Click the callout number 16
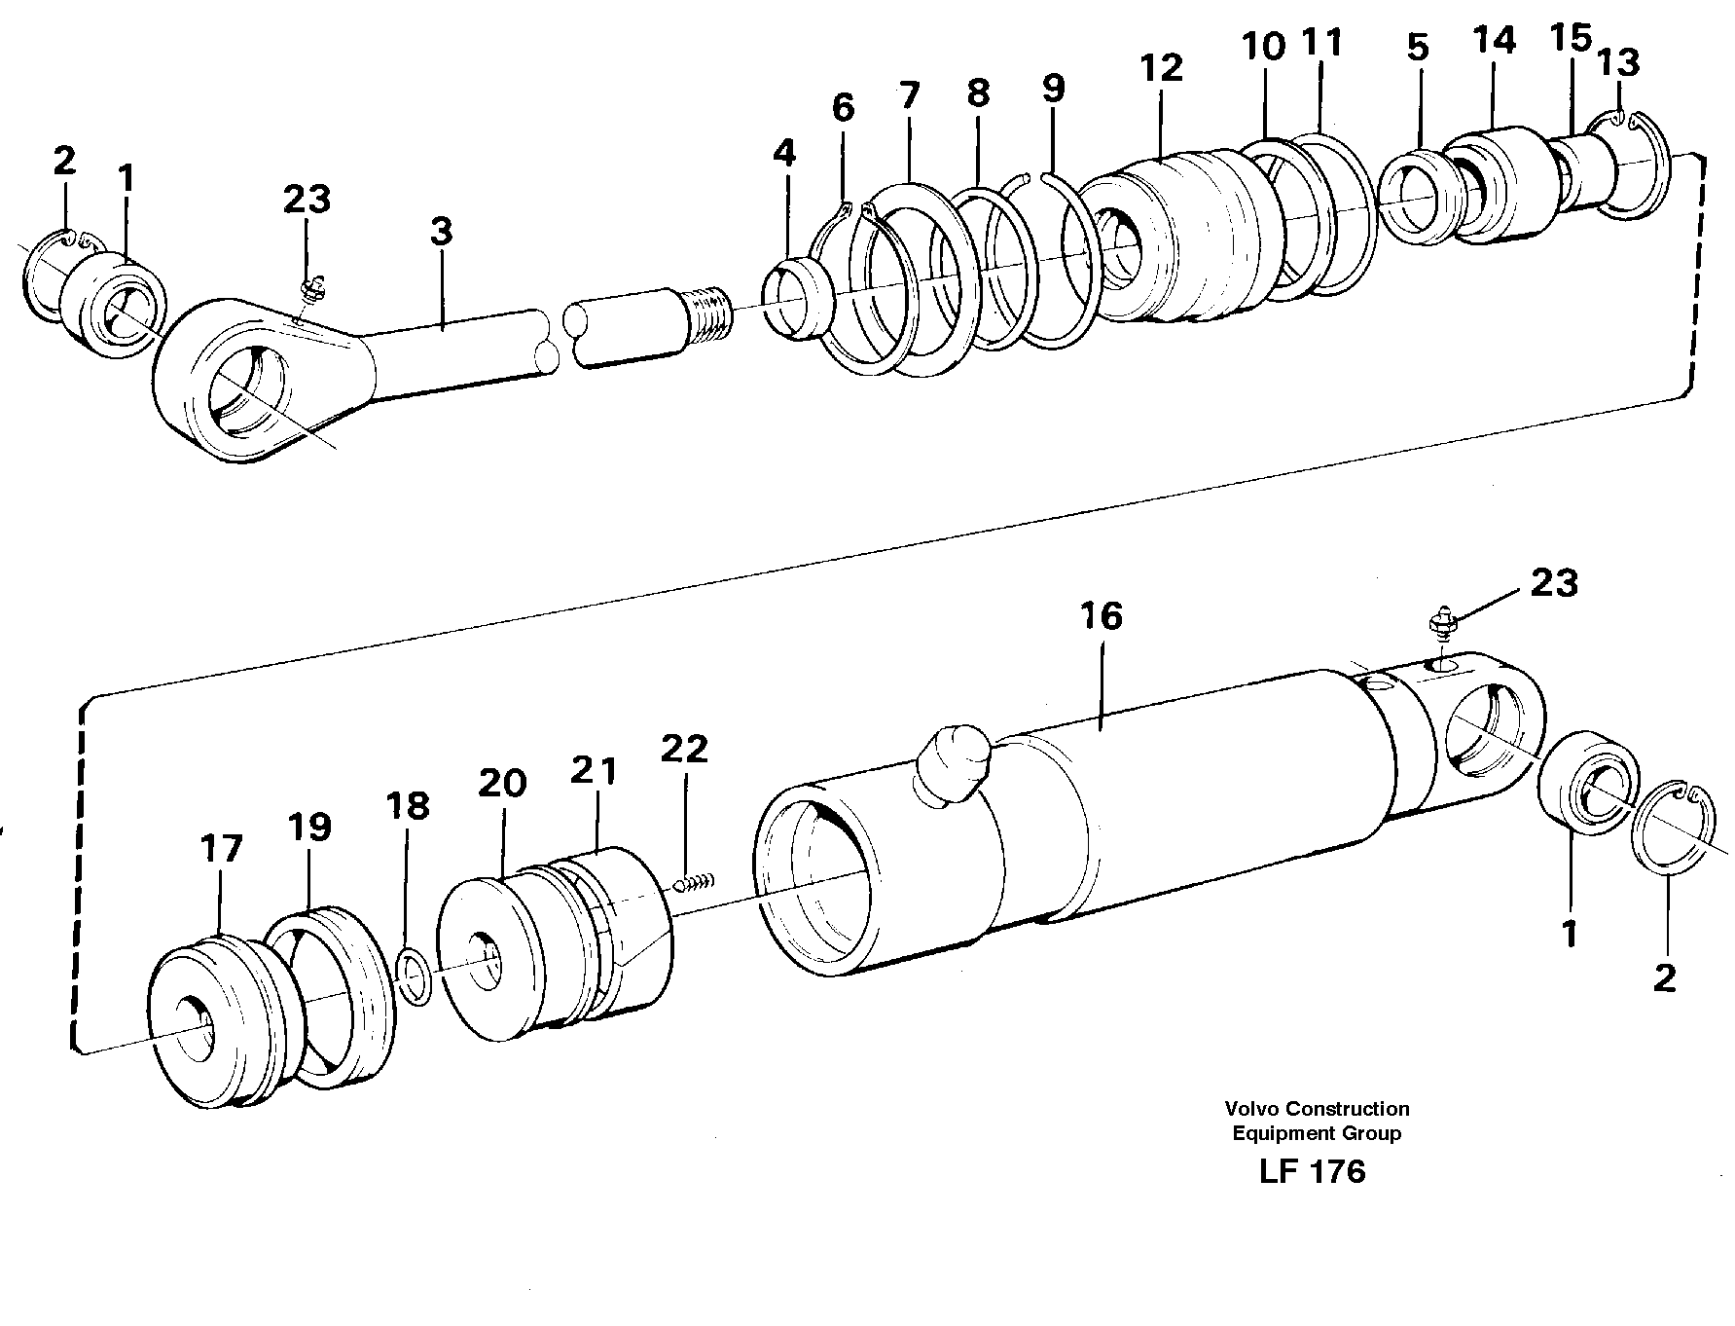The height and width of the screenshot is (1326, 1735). (1101, 616)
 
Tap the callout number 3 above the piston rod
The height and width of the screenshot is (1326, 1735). (441, 232)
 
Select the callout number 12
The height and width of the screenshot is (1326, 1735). (1161, 67)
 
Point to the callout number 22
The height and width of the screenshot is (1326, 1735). (684, 749)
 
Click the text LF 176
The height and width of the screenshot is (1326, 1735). (1312, 1171)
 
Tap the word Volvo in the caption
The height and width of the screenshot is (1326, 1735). (1248, 1108)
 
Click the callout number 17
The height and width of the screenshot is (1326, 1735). (220, 849)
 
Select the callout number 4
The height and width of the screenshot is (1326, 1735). (784, 153)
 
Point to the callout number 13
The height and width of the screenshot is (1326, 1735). (1618, 61)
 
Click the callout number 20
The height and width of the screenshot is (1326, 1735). (502, 783)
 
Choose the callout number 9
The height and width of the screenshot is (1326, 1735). (1053, 89)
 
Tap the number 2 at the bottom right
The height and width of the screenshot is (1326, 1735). (1665, 978)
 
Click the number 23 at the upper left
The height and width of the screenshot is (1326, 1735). (307, 200)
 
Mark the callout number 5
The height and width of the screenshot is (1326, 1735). (1418, 47)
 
